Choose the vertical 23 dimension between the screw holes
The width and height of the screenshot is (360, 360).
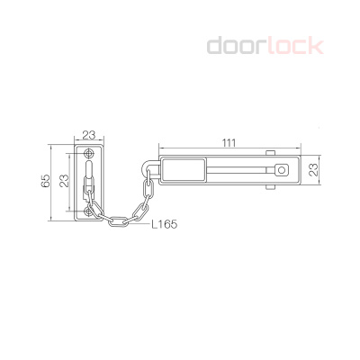click(64, 181)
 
